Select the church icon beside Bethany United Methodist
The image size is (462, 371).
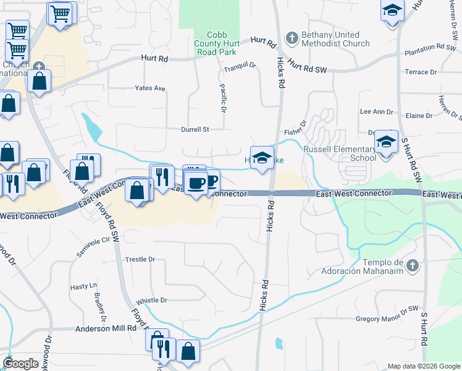coord(292,38)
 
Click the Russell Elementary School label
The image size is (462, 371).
coord(339,153)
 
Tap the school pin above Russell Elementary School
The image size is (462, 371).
coord(386,143)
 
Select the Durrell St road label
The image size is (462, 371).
coord(195,130)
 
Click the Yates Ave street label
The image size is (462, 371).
coord(150,88)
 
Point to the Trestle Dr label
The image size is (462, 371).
coord(140,260)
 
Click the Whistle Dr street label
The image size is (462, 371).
coord(151,300)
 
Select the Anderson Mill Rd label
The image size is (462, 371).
coord(105,329)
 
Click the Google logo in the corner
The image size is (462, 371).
coord(20,364)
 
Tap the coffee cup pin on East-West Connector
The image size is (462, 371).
coord(196,184)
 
